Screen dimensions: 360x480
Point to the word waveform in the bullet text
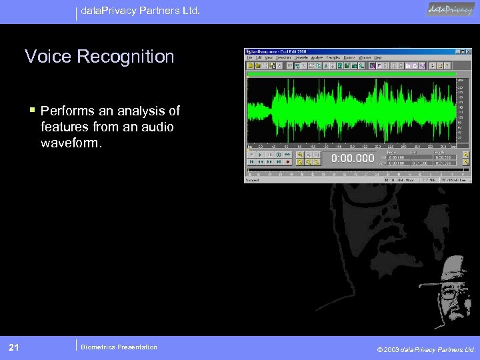[x=73, y=143]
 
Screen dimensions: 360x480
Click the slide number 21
[x=13, y=347]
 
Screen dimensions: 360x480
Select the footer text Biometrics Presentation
[x=118, y=347]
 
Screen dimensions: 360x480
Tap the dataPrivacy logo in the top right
[x=451, y=10]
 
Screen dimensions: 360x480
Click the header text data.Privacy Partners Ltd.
[x=140, y=11]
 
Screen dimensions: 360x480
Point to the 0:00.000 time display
[x=353, y=158]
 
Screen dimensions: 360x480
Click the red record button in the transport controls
[x=287, y=161]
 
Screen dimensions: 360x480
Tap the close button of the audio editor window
[x=467, y=51]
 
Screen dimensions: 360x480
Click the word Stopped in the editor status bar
[x=253, y=180]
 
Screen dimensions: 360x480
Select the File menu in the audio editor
[x=249, y=58]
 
